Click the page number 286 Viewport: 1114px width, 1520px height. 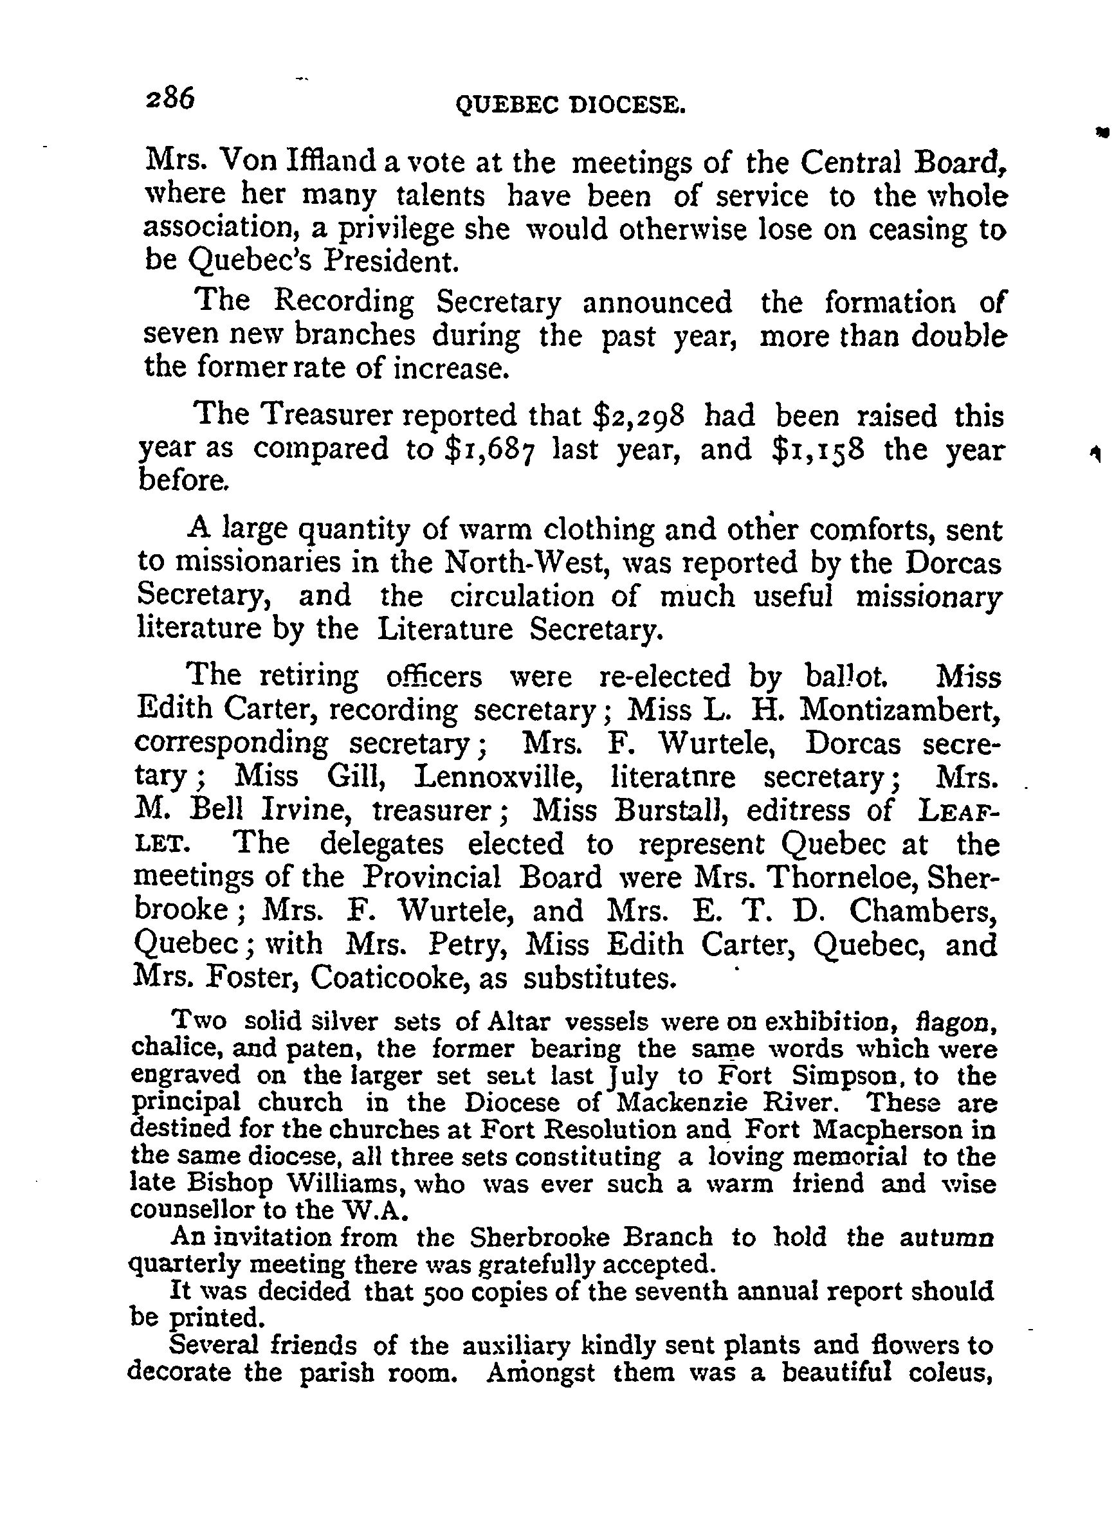click(x=170, y=98)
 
